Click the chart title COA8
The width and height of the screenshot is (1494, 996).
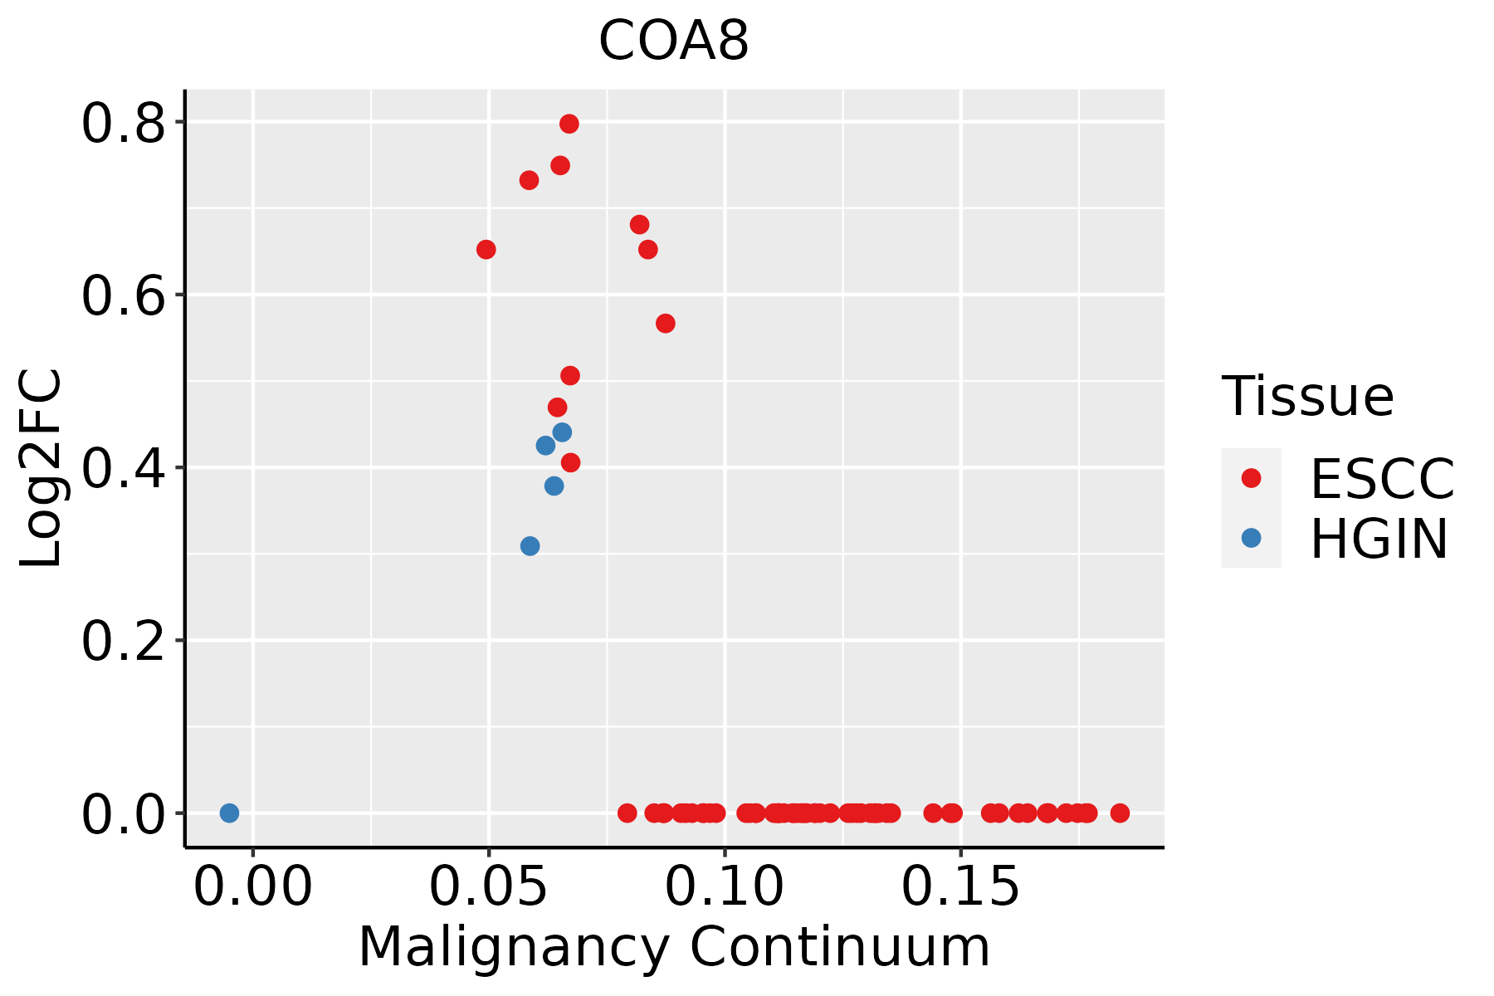[x=674, y=41]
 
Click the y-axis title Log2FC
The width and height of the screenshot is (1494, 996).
[x=41, y=468]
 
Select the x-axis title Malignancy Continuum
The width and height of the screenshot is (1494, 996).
[x=674, y=948]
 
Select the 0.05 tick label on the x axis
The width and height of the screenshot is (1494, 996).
[x=488, y=887]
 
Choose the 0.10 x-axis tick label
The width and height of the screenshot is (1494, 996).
[x=725, y=887]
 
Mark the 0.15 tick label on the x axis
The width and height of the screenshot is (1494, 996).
[x=960, y=887]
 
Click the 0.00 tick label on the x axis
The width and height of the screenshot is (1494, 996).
[x=252, y=887]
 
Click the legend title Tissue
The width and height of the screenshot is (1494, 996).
[x=1307, y=397]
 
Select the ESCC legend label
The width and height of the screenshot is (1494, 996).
[x=1382, y=479]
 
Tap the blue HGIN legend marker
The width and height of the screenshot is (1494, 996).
[x=1251, y=538]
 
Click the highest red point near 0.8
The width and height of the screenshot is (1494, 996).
[x=569, y=124]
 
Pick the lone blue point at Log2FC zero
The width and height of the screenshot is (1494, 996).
[x=230, y=813]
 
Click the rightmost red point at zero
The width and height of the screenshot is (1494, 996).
[x=1120, y=813]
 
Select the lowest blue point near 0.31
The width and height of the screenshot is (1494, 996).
[x=530, y=546]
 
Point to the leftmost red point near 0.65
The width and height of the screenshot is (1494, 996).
[x=486, y=250]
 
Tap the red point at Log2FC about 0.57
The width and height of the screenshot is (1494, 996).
[x=666, y=324]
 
